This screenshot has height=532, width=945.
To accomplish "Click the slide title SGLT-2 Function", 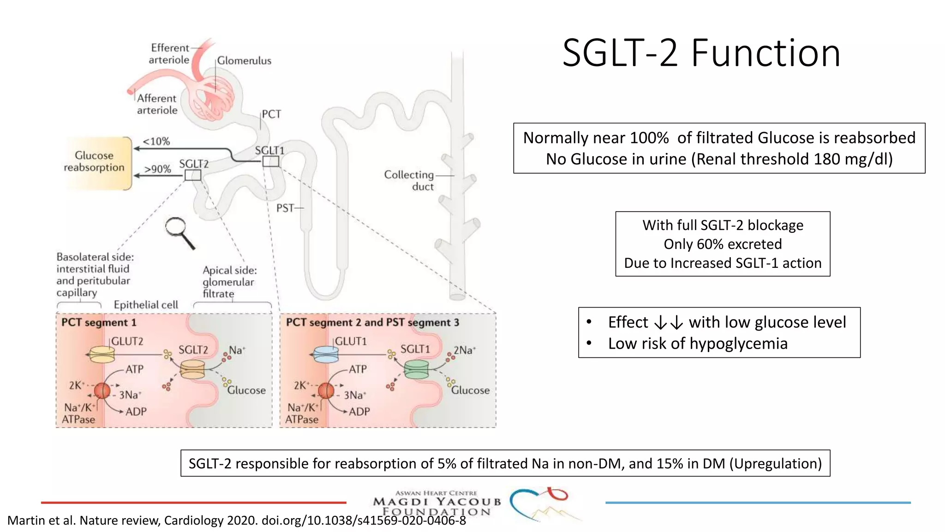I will click(x=701, y=53).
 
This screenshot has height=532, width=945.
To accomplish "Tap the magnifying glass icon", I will click(x=179, y=231).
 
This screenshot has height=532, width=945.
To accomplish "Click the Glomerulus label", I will click(x=244, y=60).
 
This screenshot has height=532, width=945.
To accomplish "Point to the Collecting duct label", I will click(x=409, y=181).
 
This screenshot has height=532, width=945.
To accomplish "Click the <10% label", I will click(x=156, y=141).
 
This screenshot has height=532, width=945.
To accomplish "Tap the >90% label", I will click(x=158, y=169).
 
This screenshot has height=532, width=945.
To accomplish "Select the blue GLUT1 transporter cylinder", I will click(x=326, y=355).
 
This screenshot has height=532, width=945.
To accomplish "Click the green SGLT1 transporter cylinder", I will click(x=416, y=369).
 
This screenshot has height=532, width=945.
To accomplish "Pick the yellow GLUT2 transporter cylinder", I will click(x=102, y=355).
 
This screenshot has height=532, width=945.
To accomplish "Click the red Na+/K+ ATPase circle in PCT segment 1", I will click(x=102, y=391).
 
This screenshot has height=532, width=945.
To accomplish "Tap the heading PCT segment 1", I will click(x=99, y=322).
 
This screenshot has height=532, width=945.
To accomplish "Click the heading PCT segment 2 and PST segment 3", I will click(x=372, y=322).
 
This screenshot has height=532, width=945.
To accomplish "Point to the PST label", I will click(x=285, y=208).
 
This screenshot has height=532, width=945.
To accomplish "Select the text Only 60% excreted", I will click(x=723, y=244).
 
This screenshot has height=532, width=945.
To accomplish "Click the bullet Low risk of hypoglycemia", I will click(x=697, y=344).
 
